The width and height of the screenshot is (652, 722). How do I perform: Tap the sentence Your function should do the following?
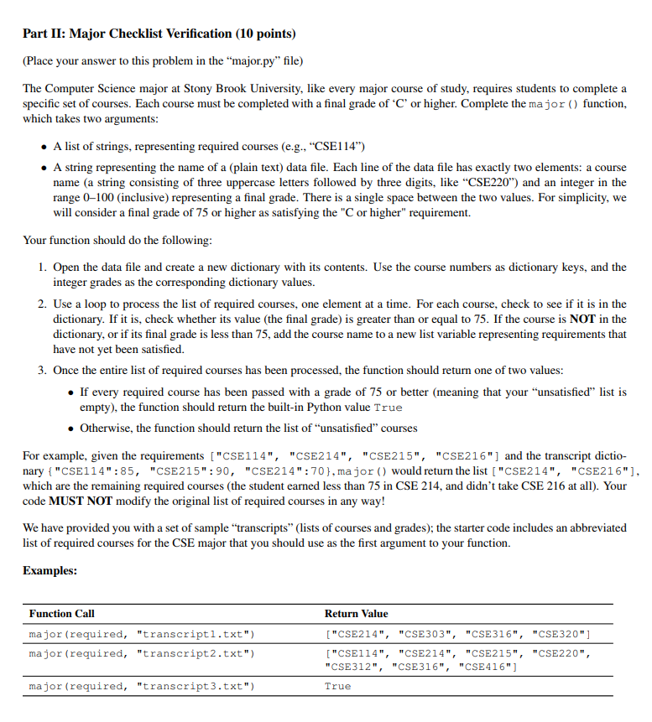click(117, 240)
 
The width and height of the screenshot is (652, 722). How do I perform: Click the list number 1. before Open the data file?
click(42, 268)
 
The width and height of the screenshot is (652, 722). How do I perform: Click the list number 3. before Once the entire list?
click(42, 371)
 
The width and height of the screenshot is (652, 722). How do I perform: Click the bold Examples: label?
click(50, 570)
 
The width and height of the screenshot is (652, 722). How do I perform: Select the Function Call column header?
click(62, 614)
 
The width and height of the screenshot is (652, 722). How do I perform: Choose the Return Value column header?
click(356, 614)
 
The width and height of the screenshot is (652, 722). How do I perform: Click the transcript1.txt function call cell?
click(140, 632)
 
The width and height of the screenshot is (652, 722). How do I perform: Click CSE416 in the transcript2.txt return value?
click(493, 666)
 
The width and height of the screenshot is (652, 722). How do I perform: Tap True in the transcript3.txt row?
click(337, 686)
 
